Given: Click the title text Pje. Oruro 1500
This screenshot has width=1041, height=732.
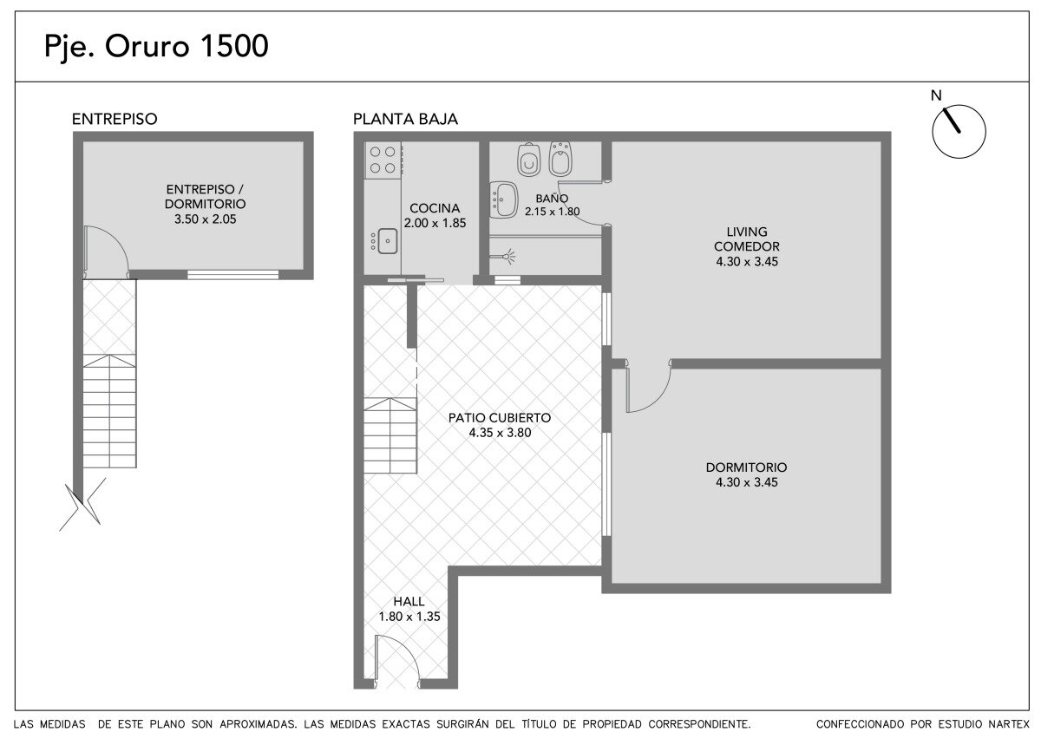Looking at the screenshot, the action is [x=156, y=47].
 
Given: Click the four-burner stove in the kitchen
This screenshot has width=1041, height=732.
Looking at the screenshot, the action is [x=383, y=160].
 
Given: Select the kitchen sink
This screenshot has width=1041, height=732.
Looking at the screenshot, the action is [x=387, y=241].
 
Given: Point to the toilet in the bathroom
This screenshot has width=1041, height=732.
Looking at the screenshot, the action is [x=529, y=160].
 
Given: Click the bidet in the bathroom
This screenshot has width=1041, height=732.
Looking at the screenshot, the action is [x=560, y=159].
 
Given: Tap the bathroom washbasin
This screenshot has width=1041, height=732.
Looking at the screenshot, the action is [x=504, y=199].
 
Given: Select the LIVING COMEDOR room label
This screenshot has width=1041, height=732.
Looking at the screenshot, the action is [x=746, y=239].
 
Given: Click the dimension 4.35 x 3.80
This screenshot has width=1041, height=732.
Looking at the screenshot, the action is [x=500, y=433].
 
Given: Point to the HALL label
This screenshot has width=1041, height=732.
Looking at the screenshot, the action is [x=409, y=601].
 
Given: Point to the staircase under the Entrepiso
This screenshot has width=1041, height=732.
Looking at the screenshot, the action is [x=109, y=411].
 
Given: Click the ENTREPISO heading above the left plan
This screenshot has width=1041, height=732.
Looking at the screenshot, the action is [x=115, y=120].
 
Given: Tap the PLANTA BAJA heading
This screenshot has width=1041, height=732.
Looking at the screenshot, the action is [x=405, y=120].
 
